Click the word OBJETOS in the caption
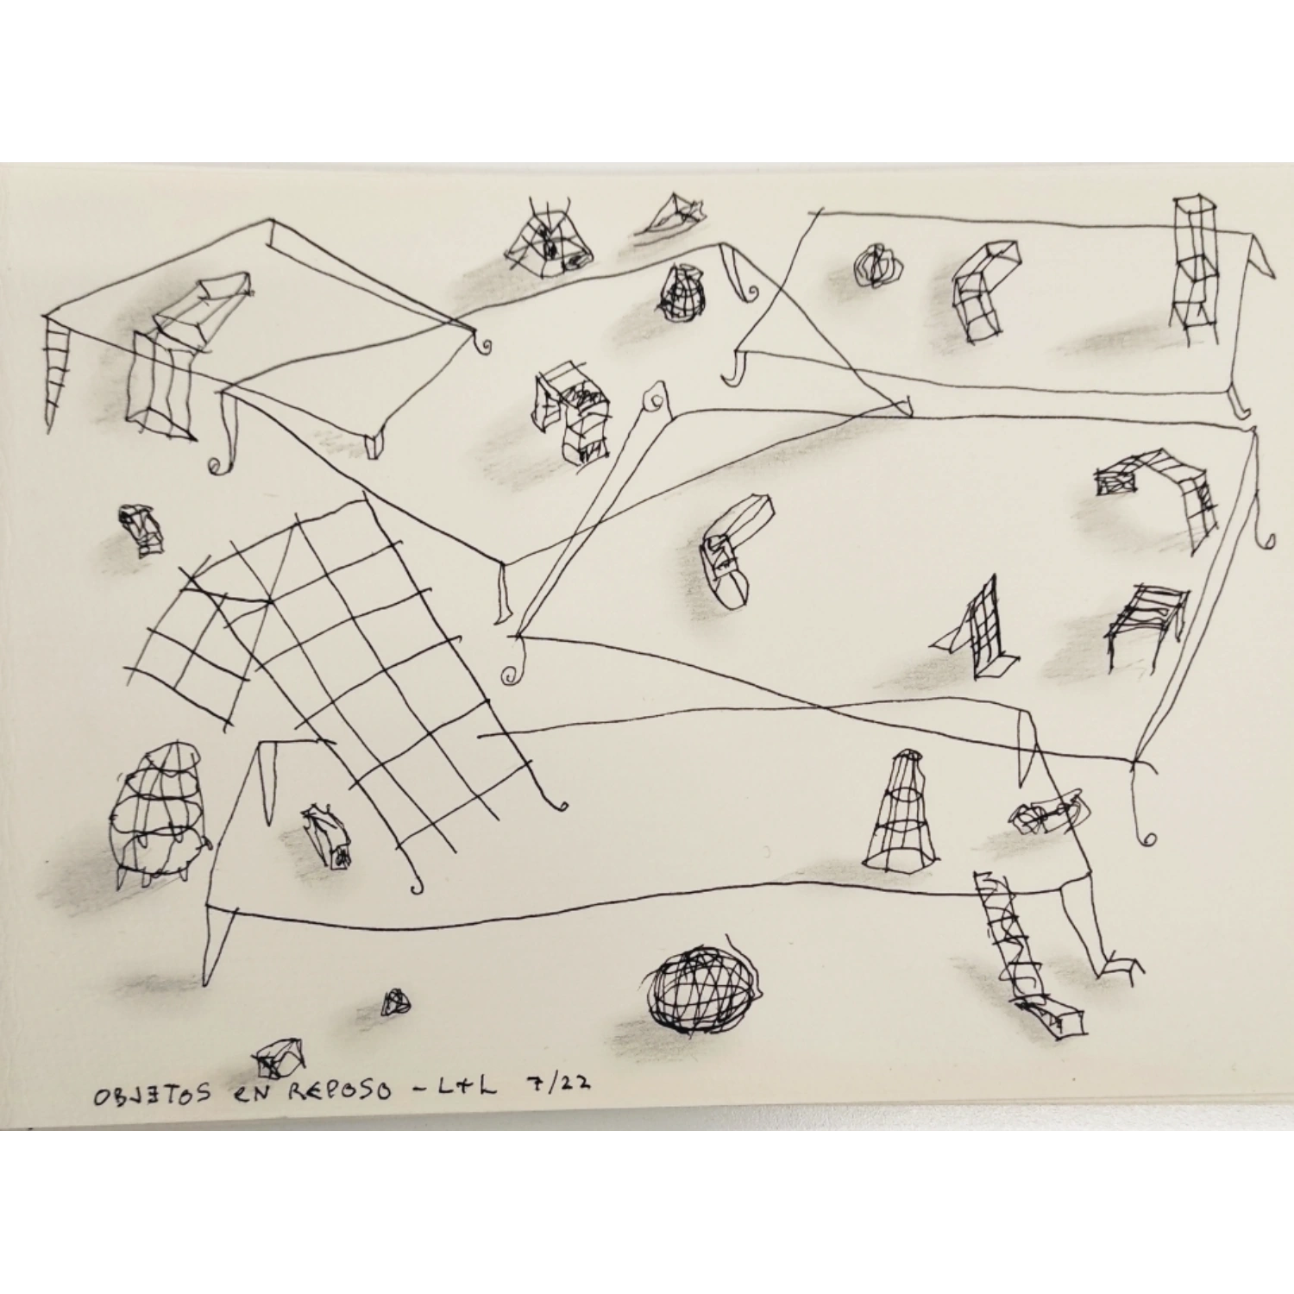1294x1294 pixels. coord(152,1095)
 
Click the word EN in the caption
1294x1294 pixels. coord(248,1093)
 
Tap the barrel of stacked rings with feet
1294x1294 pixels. coord(159,813)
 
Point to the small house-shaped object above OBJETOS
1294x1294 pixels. coord(280,1058)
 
